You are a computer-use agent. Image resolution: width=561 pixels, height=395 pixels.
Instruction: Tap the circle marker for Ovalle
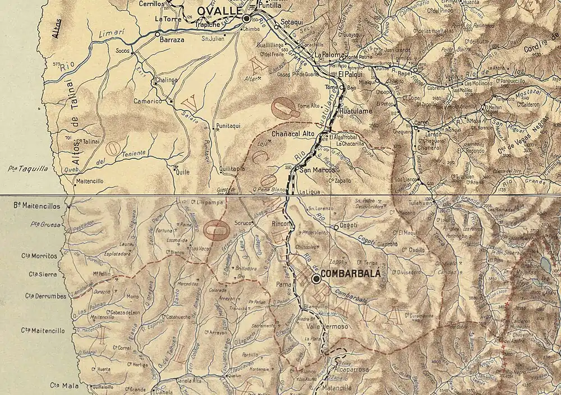pos(246,19)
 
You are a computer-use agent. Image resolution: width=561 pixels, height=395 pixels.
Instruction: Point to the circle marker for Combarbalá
pos(316,278)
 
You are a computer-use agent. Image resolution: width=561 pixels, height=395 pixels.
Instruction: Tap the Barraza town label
pos(171,40)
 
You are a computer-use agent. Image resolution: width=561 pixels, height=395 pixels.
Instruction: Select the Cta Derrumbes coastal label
pos(45,296)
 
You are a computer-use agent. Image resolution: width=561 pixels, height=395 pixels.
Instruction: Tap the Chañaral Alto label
pos(292,134)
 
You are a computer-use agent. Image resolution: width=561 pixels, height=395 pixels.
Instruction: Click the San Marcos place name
pos(317,170)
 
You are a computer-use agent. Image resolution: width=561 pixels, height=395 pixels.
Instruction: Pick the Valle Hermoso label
pos(327,326)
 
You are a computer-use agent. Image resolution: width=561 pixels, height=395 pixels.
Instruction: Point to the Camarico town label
pos(147,102)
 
